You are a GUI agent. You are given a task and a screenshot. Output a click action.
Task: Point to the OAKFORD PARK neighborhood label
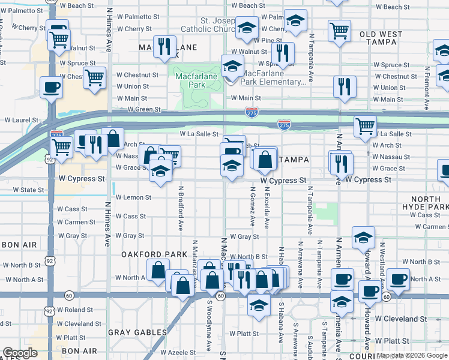pos(155,254)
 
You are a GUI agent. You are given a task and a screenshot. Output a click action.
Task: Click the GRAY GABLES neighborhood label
pos(137,332)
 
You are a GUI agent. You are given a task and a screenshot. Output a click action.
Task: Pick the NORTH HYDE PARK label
pos(429,203)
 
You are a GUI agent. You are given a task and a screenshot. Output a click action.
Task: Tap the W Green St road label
pos(143,110)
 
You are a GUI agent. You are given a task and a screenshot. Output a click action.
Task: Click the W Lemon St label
pos(133,197)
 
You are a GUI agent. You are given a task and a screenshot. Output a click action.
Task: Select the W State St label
pos(25,190)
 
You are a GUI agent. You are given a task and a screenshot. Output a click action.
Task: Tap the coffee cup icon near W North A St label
pos(398,278)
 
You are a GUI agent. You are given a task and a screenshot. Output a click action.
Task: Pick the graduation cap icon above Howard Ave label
pos(363,238)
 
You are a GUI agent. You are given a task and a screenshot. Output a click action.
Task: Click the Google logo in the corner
pos(19,353)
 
